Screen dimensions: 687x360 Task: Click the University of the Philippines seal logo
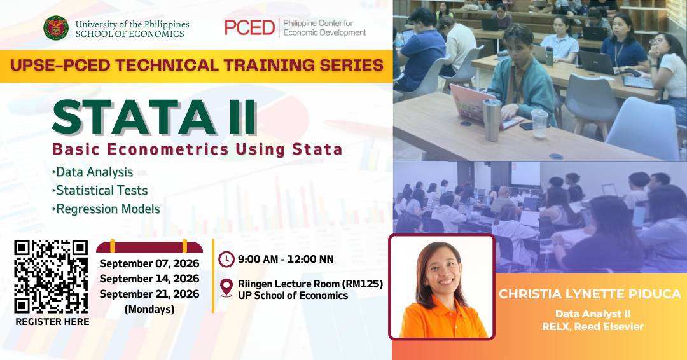tap(55, 28)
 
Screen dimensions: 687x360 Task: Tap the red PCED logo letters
tap(249, 27)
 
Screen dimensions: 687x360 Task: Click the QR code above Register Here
tap(51, 277)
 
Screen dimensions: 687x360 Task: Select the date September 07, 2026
tap(149, 264)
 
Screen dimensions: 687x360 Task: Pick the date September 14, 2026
tap(149, 279)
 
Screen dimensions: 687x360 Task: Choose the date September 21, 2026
tap(149, 294)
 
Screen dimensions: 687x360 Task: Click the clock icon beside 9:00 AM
tap(226, 260)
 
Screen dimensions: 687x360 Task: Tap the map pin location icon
tap(226, 288)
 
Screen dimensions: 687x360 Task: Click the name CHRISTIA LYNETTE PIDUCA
tap(590, 294)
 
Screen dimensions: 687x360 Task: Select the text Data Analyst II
tap(593, 314)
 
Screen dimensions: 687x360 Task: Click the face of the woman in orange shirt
tap(441, 273)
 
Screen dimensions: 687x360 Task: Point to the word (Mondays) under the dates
tap(149, 310)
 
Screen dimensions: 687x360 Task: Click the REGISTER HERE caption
tap(52, 322)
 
